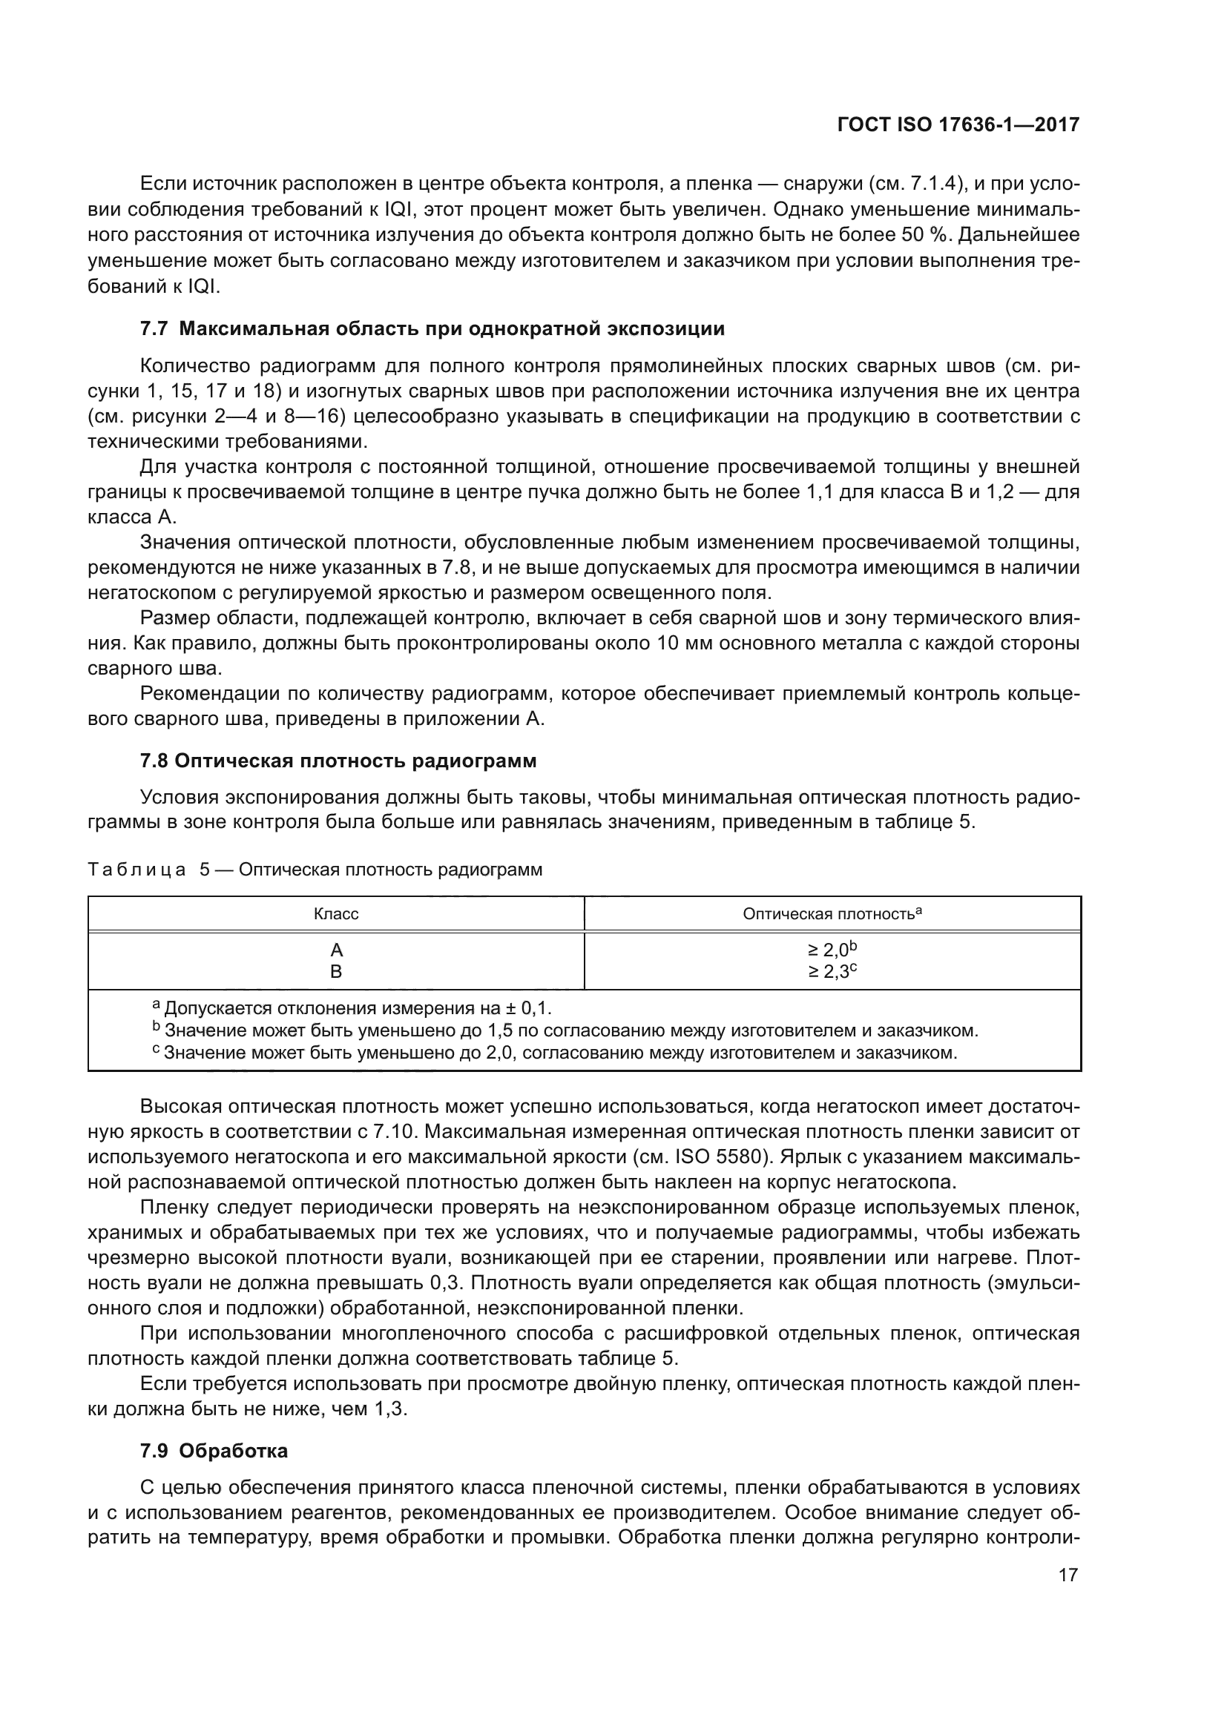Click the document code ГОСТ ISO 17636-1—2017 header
coord(958,125)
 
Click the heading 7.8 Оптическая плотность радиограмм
coord(338,761)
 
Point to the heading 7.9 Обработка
coord(214,1451)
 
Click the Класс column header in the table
coord(335,914)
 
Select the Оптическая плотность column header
coord(831,914)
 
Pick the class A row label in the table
coord(336,950)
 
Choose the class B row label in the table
coord(336,972)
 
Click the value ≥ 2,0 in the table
coord(831,950)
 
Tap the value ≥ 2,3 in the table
coord(831,972)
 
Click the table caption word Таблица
coord(136,870)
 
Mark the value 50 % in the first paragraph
coord(924,235)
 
